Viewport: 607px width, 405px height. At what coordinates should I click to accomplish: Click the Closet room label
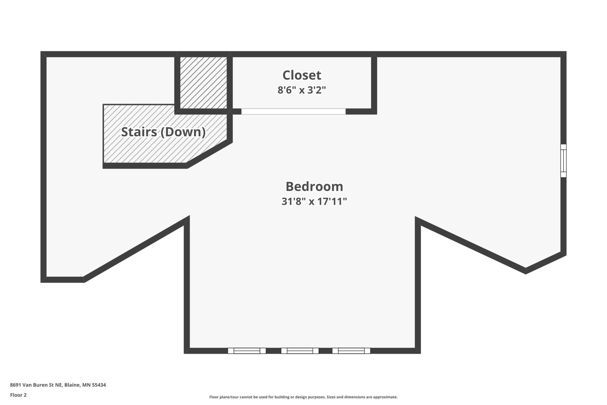tap(302, 75)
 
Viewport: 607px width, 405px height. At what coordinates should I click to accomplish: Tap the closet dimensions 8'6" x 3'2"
tap(302, 90)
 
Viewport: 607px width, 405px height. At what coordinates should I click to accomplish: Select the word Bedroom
tap(314, 186)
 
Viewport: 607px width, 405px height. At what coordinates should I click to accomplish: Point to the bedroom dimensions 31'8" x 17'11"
tap(314, 201)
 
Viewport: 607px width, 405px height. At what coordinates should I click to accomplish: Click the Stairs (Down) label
tap(163, 132)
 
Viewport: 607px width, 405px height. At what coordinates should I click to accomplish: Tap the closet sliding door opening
tap(293, 111)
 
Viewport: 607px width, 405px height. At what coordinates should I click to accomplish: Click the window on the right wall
tap(564, 161)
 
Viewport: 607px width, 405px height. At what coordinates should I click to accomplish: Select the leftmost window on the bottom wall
tap(247, 351)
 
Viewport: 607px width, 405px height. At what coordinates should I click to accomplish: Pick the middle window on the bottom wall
tap(300, 351)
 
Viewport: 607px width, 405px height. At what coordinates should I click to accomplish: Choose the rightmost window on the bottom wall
tap(351, 351)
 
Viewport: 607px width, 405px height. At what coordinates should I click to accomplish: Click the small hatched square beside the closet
tap(203, 83)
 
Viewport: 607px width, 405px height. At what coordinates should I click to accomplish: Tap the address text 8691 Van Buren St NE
tap(36, 385)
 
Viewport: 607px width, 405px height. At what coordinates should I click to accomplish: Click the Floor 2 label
tap(18, 395)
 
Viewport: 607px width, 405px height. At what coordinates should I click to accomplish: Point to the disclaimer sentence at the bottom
tap(303, 397)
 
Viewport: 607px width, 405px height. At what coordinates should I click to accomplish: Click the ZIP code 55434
tap(99, 385)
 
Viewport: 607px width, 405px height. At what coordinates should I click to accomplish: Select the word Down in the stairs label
tap(183, 132)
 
